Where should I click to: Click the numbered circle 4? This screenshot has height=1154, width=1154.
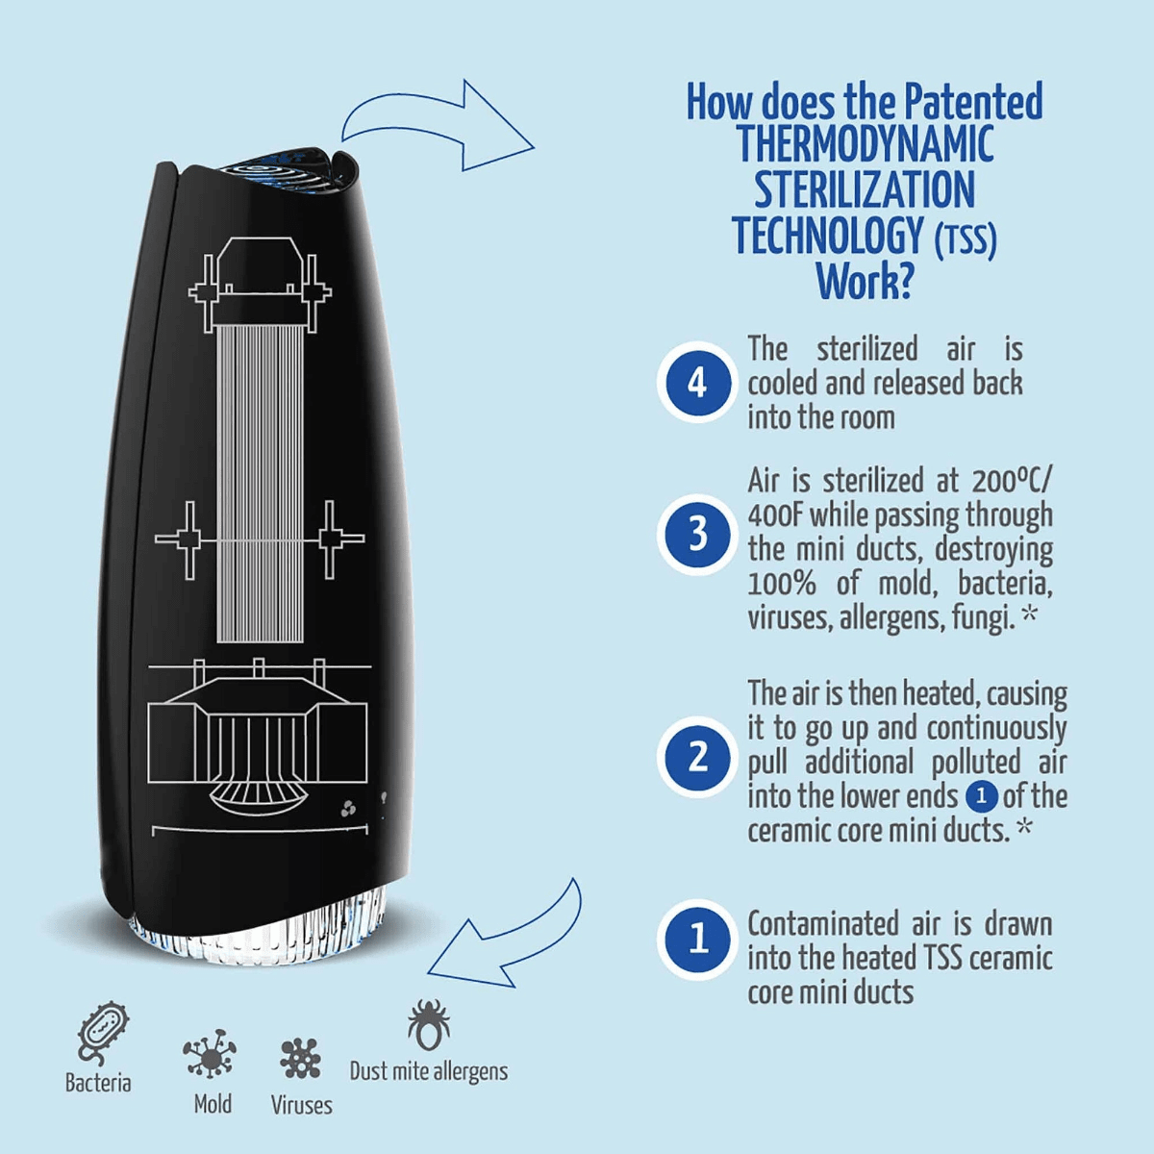[x=697, y=382]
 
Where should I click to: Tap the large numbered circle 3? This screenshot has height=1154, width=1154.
[x=697, y=534]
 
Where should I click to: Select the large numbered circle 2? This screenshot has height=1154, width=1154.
[x=697, y=758]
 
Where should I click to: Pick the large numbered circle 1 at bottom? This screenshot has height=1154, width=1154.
[x=697, y=939]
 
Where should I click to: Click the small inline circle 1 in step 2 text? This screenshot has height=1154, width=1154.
[x=981, y=796]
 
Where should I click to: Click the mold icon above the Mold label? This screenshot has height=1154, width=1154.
[x=210, y=1053]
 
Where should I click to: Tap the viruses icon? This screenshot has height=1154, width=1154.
[x=300, y=1058]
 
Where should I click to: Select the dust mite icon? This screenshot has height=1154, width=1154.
[x=428, y=1023]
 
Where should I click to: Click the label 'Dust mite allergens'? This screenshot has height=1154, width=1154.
[x=428, y=1071]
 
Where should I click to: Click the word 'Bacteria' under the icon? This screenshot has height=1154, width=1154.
[x=97, y=1084]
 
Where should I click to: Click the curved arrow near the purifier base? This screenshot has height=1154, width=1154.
[x=510, y=938]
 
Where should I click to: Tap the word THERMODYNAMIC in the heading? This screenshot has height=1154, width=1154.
[x=865, y=144]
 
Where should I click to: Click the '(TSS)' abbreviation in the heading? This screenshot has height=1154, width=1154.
[x=966, y=238]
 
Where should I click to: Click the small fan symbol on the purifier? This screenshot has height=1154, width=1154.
[x=348, y=809]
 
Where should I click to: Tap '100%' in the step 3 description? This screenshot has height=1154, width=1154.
[x=782, y=584]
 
